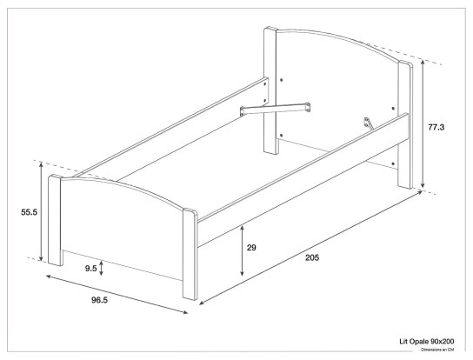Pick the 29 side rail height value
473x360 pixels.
point(251,248)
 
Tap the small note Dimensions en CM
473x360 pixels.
point(439,350)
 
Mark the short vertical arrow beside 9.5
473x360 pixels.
point(103,268)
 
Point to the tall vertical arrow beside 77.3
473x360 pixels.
point(423,126)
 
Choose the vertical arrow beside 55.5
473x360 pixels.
point(41,210)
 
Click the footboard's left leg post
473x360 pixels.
point(55,221)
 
